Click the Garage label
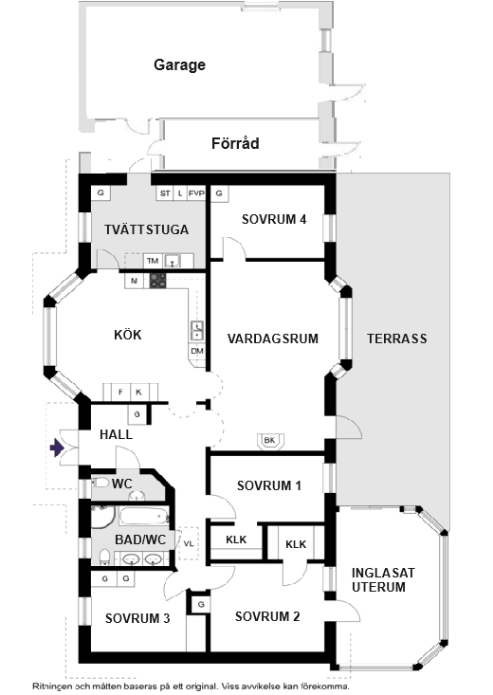point(180,65)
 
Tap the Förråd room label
point(234,144)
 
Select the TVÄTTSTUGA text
point(147,229)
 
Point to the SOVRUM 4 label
point(274,218)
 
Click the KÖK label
point(127,335)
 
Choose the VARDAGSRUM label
point(272,338)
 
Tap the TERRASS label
point(396,338)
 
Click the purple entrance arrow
point(59,448)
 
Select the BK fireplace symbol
point(269,440)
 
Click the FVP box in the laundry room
point(196,193)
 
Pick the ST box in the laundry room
point(164,193)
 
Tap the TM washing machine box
point(152,261)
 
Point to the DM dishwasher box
point(197,351)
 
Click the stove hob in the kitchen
point(157,280)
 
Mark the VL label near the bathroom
point(189,543)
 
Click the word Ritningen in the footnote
point(55,685)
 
